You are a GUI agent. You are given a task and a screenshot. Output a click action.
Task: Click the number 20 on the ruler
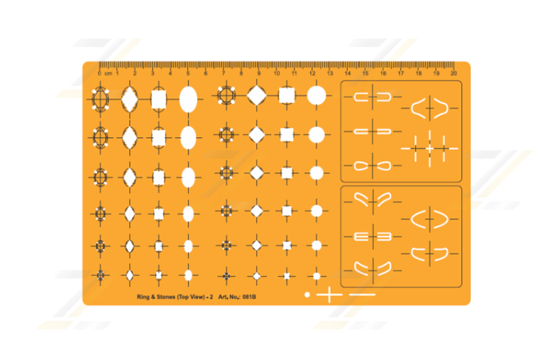pyautogui.click(x=454, y=73)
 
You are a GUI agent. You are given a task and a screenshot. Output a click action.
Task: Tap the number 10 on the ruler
pyautogui.click(x=276, y=73)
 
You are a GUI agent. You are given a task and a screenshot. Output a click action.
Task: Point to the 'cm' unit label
pyautogui.click(x=109, y=73)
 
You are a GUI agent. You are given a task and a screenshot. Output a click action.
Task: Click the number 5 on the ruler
pyautogui.click(x=188, y=73)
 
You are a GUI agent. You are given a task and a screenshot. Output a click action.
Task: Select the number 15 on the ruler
pyautogui.click(x=365, y=73)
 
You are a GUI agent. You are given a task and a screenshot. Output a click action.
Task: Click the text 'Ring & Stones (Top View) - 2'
pyautogui.click(x=174, y=297)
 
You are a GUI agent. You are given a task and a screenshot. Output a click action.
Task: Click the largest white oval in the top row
pyautogui.click(x=188, y=98)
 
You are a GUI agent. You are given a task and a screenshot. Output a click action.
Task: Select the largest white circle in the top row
pyautogui.click(x=316, y=96)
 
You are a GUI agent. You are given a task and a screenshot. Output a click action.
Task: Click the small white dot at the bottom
pyautogui.click(x=307, y=295)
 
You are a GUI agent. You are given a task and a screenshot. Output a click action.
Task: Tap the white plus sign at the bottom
pyautogui.click(x=330, y=295)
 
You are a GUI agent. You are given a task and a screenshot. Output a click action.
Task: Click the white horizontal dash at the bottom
pyautogui.click(x=362, y=295)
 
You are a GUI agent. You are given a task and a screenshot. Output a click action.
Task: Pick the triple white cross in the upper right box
pyautogui.click(x=430, y=148)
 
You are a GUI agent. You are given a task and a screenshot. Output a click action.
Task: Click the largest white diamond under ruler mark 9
pyautogui.click(x=257, y=96)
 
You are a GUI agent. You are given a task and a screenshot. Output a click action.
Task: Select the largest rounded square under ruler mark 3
pyautogui.click(x=159, y=98)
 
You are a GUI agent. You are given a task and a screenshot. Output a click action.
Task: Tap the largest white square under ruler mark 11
pyautogui.click(x=287, y=96)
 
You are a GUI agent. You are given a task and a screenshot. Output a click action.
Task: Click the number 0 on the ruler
pyautogui.click(x=100, y=73)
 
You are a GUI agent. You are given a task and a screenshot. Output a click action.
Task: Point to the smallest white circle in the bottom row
pyautogui.click(x=316, y=276)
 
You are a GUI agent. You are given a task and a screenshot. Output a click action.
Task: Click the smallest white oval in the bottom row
pyautogui.click(x=188, y=275)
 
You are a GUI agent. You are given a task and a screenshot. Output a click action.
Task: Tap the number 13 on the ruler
pyautogui.click(x=330, y=73)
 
